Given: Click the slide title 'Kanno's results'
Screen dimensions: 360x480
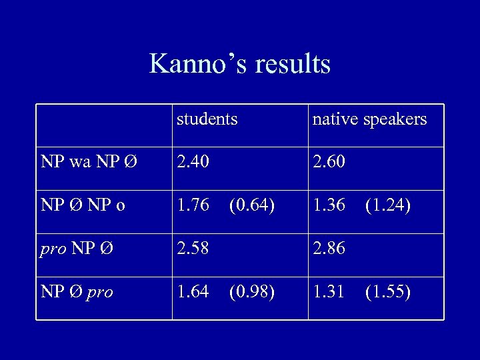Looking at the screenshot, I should (x=240, y=64).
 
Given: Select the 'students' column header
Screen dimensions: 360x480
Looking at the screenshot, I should (x=207, y=119).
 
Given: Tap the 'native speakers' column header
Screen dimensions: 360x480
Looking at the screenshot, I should (x=369, y=119).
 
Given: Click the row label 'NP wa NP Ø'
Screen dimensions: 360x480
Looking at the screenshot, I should (x=89, y=162).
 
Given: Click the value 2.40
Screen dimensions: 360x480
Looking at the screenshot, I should (x=193, y=162).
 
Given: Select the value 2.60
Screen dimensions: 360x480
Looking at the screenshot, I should (x=329, y=162).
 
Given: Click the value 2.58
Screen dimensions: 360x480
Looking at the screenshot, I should (x=193, y=249).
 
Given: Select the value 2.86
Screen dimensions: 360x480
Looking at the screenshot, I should (x=329, y=249).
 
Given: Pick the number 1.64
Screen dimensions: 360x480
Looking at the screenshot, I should (x=193, y=293).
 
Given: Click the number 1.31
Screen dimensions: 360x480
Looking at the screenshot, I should (x=329, y=293).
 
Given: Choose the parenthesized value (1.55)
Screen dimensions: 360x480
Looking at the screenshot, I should (x=389, y=293).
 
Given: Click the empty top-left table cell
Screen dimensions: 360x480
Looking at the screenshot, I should (x=104, y=125).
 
